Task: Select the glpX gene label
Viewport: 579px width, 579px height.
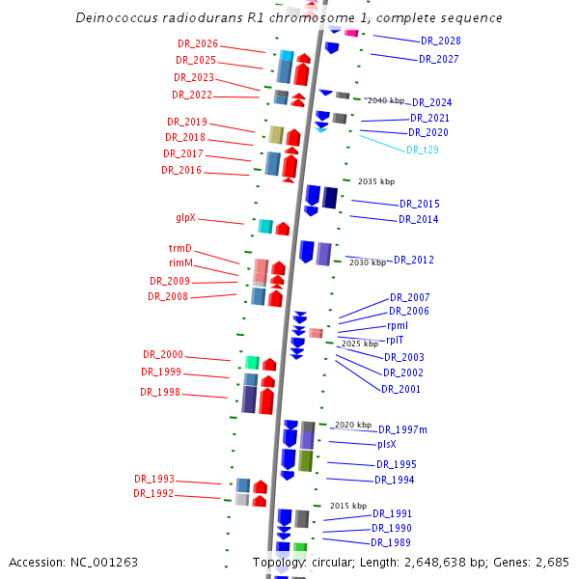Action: (x=185, y=218)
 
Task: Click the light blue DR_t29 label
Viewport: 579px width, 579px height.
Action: (x=422, y=150)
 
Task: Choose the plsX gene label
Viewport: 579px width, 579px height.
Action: (x=387, y=445)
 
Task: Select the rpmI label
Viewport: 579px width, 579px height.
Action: (x=398, y=326)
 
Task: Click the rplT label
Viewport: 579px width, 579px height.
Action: (x=396, y=340)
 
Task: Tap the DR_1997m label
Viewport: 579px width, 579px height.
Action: (x=402, y=429)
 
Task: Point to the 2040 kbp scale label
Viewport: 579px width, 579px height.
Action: (x=386, y=100)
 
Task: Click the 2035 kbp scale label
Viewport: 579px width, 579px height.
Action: (x=376, y=181)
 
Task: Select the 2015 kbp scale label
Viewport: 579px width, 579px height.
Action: (x=348, y=506)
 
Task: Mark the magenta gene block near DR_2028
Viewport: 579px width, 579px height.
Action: (x=351, y=33)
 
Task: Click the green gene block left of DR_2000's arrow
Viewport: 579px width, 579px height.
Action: (x=252, y=362)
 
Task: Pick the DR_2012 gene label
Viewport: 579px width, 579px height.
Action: (x=414, y=261)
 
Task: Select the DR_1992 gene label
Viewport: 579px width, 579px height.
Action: (x=153, y=494)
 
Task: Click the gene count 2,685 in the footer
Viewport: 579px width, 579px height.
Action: (x=549, y=562)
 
